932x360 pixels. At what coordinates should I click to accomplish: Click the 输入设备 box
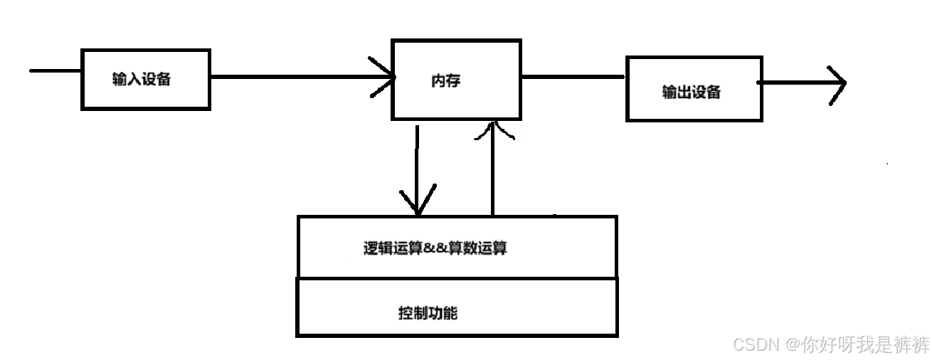click(145, 79)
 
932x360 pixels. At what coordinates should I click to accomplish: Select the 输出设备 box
click(694, 89)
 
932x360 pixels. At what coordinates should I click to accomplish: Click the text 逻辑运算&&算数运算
click(435, 248)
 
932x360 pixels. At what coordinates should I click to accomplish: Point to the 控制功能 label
click(428, 313)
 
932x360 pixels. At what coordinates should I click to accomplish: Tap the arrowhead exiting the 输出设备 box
click(838, 84)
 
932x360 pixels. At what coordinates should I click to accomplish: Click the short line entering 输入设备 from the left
click(55, 70)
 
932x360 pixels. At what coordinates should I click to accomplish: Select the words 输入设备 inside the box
click(142, 79)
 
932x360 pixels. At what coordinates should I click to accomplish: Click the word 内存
click(446, 80)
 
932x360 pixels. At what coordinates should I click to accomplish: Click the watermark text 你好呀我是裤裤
click(864, 345)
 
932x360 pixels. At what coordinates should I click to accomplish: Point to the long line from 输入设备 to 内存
click(299, 76)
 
